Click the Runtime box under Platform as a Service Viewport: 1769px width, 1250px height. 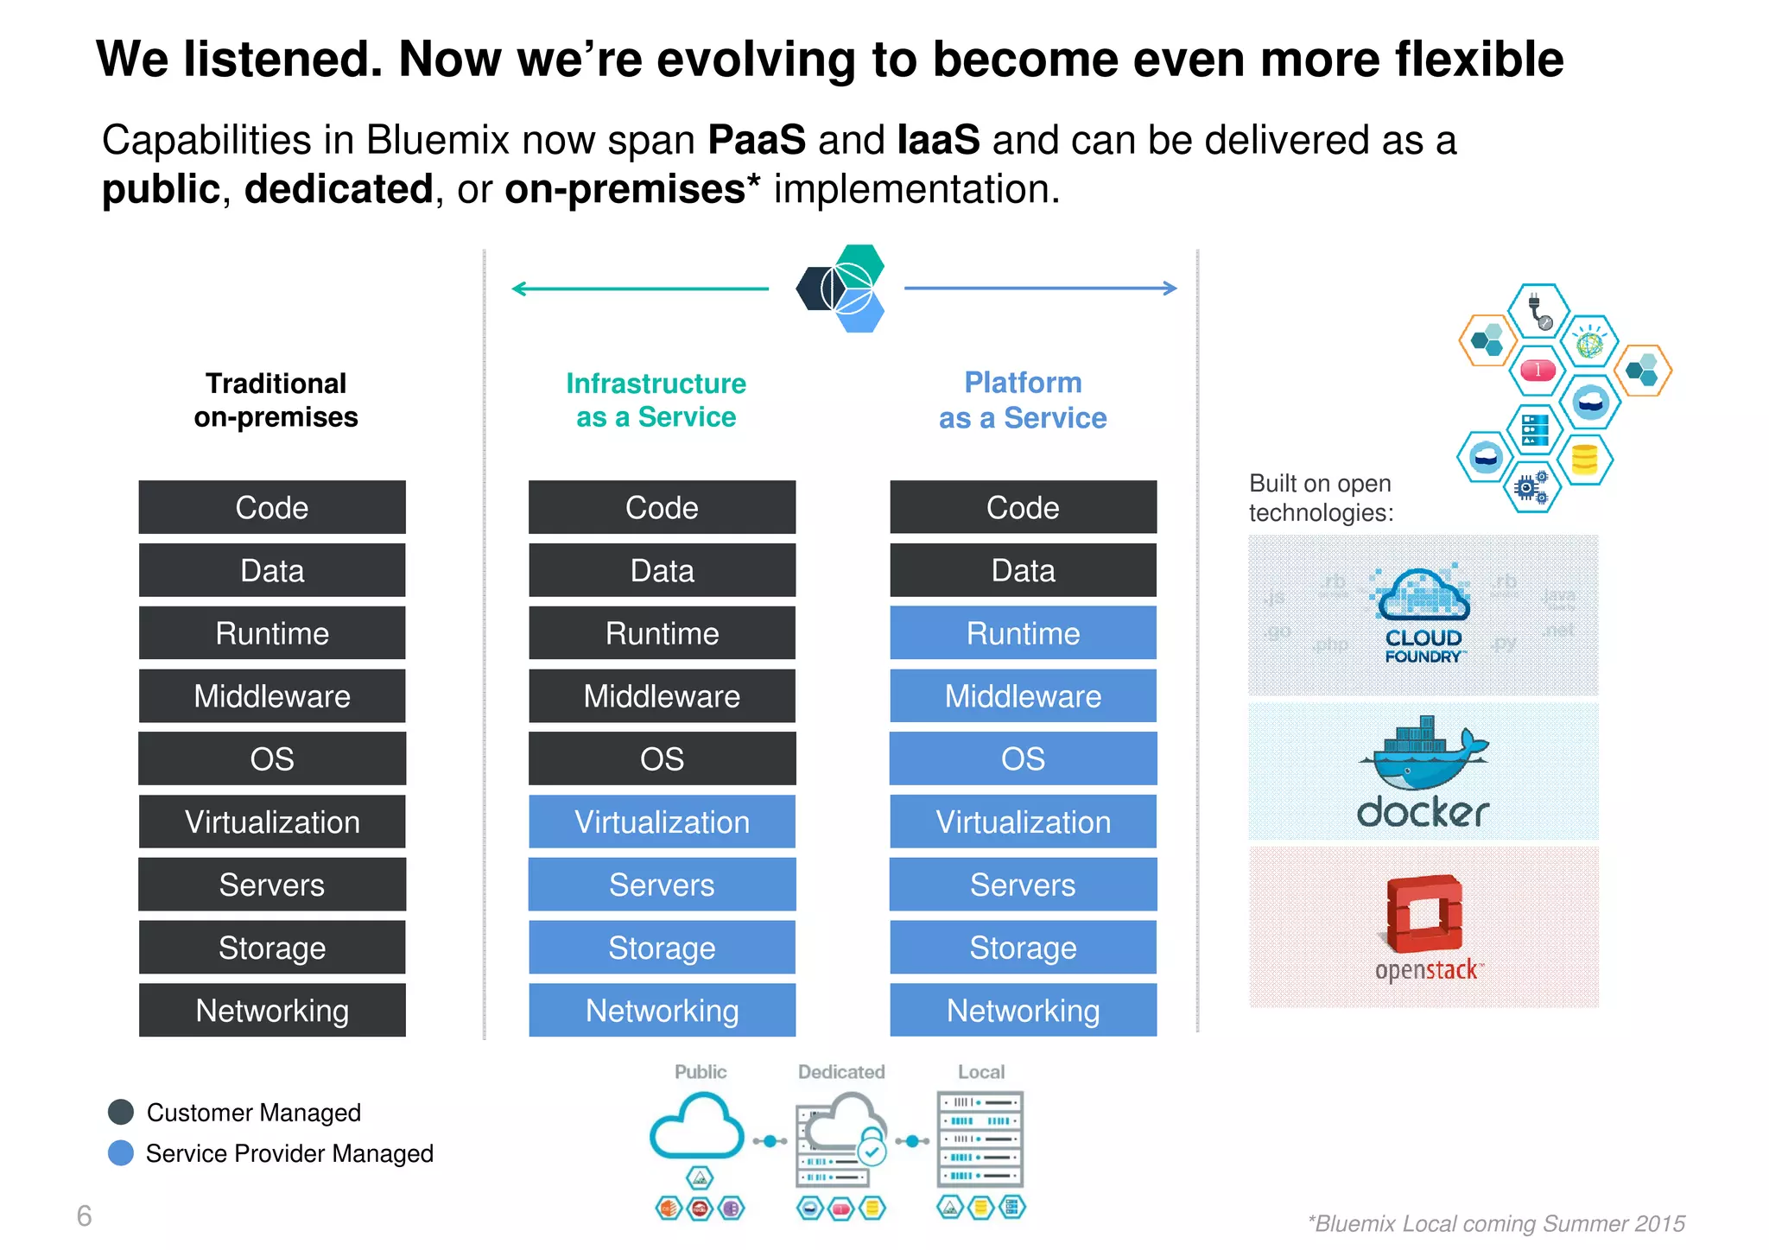pyautogui.click(x=1023, y=633)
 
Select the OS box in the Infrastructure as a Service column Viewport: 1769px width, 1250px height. pyautogui.click(x=662, y=758)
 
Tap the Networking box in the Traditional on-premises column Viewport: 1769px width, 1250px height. pyautogui.click(x=272, y=1010)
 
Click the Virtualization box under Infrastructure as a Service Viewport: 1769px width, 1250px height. pyautogui.click(x=662, y=822)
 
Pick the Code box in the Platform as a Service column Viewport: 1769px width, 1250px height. pyautogui.click(x=1023, y=507)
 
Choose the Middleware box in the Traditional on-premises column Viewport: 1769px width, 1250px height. pyautogui.click(x=272, y=696)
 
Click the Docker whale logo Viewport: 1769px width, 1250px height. pyautogui.click(x=1423, y=753)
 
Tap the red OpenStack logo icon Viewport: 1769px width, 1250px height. pyautogui.click(x=1423, y=914)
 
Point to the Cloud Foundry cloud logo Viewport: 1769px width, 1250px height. pyautogui.click(x=1423, y=596)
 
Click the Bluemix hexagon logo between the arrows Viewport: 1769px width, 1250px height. pyautogui.click(x=840, y=289)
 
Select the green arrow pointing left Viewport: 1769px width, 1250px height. pyautogui.click(x=639, y=289)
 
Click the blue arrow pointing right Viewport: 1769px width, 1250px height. pyautogui.click(x=1040, y=289)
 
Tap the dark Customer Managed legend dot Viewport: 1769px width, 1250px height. pyautogui.click(x=121, y=1112)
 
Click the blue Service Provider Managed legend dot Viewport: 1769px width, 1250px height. pyautogui.click(x=121, y=1153)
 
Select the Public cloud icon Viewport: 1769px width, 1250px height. pyautogui.click(x=696, y=1126)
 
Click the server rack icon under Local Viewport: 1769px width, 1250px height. pyautogui.click(x=980, y=1139)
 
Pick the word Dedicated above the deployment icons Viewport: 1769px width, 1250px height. pyautogui.click(x=841, y=1072)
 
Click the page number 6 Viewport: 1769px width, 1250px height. pyautogui.click(x=84, y=1216)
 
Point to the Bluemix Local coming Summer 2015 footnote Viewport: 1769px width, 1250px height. pyautogui.click(x=1496, y=1223)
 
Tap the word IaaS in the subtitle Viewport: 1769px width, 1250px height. pyautogui.click(x=938, y=140)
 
